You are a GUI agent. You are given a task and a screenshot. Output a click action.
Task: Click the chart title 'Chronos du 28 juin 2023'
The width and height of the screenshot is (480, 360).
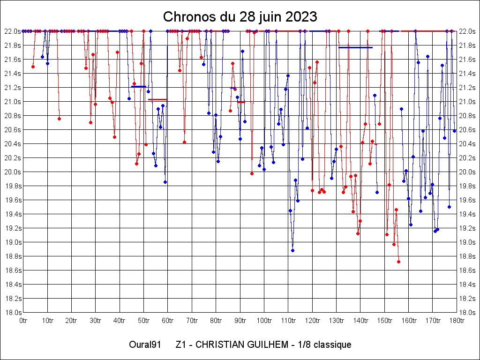[240, 17]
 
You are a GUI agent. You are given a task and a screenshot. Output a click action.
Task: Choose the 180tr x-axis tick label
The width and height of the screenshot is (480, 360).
[457, 320]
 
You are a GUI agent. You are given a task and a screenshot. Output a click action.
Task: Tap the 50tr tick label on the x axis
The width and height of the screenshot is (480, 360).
[143, 320]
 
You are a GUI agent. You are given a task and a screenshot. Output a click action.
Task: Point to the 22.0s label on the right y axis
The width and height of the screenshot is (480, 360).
[467, 31]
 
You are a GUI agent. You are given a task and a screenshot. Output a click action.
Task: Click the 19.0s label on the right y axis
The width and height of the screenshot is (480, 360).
[467, 242]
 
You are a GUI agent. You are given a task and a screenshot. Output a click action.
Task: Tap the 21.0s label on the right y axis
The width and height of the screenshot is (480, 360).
[467, 102]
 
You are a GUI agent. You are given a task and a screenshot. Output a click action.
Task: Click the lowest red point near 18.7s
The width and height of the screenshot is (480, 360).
[398, 262]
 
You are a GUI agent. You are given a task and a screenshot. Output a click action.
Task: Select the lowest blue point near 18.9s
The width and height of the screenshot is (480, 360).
[292, 250]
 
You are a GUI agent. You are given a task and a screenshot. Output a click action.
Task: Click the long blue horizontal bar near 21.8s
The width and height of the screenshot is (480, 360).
[355, 47]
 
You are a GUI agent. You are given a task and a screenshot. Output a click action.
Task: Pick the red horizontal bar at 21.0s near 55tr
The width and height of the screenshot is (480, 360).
[157, 99]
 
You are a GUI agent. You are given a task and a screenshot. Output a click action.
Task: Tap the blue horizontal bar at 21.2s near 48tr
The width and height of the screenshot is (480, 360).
[139, 86]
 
